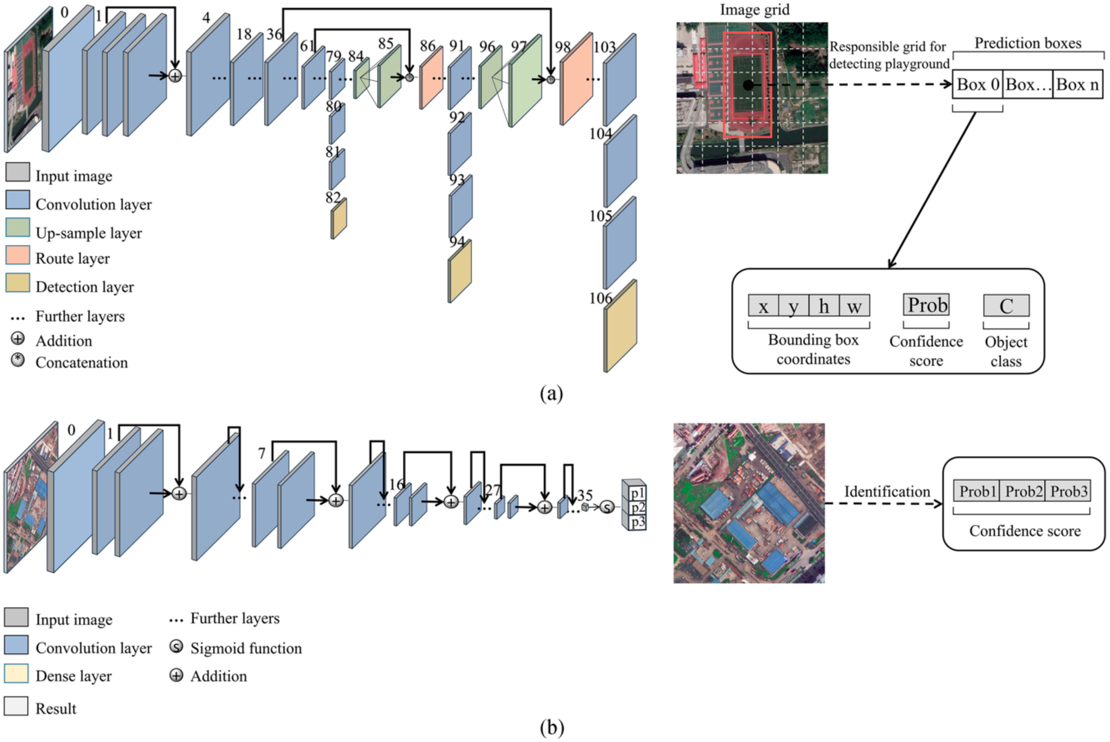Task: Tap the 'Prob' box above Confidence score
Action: coord(926,305)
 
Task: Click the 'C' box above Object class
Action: coord(1006,306)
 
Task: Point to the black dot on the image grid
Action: coord(748,85)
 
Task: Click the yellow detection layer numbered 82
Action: coord(338,219)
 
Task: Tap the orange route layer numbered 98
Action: coord(577,79)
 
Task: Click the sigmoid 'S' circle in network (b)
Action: coord(607,507)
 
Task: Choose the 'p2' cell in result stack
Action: coord(637,508)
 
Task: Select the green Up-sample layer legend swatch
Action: coord(17,227)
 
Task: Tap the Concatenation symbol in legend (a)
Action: coord(17,361)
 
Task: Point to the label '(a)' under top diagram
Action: coord(551,393)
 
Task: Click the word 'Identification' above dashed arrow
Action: coord(887,492)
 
